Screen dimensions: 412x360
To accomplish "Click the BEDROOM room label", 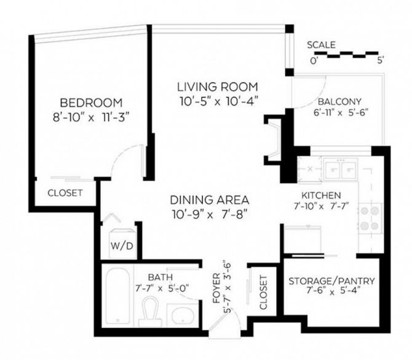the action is click(91, 103).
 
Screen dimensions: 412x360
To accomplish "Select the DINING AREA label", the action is click(210, 200).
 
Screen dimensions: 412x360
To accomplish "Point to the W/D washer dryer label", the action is click(122, 246).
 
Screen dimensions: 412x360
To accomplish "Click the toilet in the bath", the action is click(150, 311).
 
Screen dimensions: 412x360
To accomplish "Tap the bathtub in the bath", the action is click(117, 296).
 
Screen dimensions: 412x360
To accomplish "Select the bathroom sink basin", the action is click(183, 316).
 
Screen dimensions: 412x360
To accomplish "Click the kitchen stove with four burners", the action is click(370, 218).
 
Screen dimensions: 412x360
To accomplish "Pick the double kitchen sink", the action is click(341, 170).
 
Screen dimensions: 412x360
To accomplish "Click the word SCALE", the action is click(322, 45).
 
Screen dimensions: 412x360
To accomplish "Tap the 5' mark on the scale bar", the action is click(380, 61).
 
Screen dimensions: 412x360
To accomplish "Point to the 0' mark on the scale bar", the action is click(314, 61).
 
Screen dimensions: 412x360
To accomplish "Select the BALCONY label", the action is click(339, 101).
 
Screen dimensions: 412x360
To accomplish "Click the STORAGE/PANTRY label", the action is click(331, 281).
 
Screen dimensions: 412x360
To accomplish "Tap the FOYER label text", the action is click(216, 288).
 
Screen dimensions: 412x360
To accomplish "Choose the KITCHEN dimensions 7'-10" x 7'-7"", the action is click(321, 206).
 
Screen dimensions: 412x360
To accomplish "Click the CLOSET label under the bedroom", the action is click(65, 193).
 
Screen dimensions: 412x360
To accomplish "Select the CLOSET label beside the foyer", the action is click(263, 292).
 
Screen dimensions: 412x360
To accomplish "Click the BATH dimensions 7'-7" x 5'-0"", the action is click(162, 288).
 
